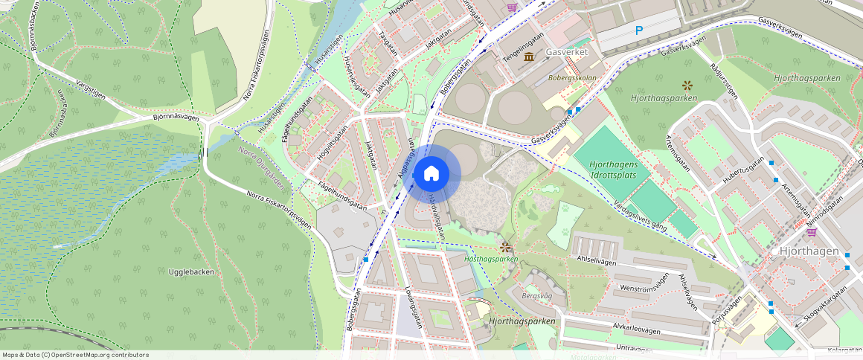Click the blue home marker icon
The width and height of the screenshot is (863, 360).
click(x=431, y=174)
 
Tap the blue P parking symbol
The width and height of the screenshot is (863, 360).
click(x=638, y=30)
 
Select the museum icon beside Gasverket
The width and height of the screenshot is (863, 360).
click(x=529, y=57)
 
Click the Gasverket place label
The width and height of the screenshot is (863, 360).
click(x=567, y=53)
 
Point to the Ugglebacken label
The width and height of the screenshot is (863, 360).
click(x=191, y=272)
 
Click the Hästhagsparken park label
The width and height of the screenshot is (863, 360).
click(x=490, y=259)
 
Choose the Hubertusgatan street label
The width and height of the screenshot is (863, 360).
click(x=742, y=175)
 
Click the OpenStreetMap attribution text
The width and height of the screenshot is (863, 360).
click(x=75, y=355)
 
